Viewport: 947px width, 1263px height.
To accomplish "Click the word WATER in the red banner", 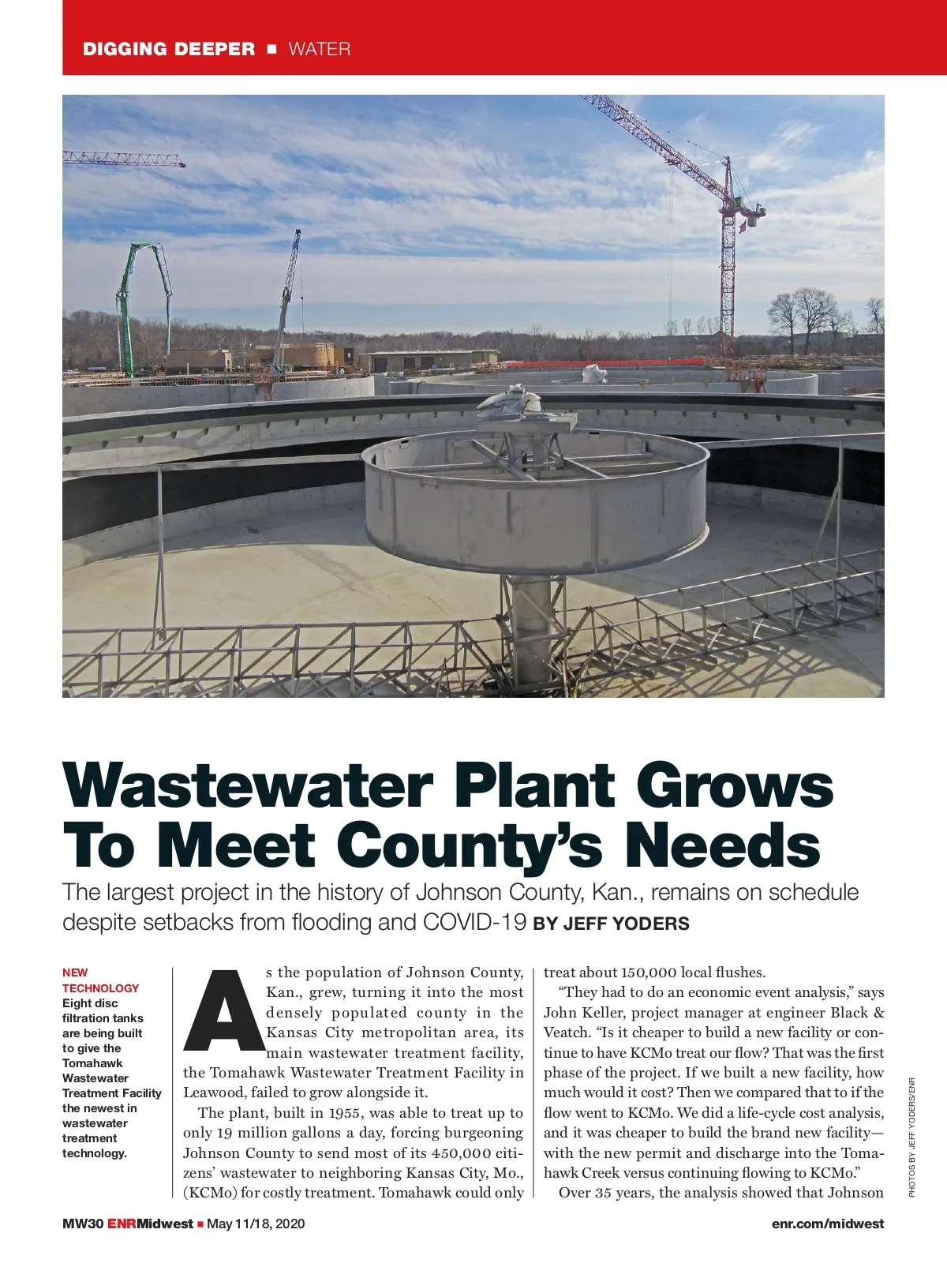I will [x=320, y=49].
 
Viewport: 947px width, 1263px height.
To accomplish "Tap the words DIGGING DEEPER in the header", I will [x=169, y=49].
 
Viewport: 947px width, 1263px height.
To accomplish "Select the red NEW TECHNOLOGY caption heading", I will [x=100, y=980].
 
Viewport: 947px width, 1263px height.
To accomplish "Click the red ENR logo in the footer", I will [x=122, y=1224].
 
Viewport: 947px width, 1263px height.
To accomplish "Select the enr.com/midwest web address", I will [x=828, y=1224].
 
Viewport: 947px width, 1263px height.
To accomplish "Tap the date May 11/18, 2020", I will [x=255, y=1224].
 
